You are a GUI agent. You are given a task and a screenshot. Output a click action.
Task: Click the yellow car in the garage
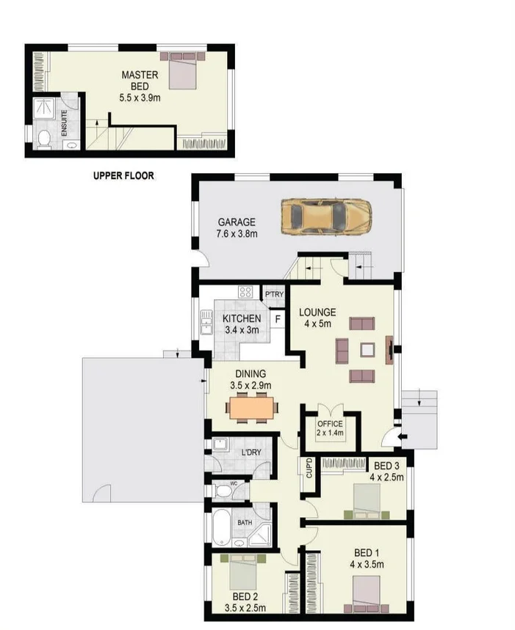point(325,216)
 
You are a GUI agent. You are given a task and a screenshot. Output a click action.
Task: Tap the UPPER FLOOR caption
point(123,176)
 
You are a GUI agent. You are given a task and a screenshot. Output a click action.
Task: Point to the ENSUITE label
point(65,120)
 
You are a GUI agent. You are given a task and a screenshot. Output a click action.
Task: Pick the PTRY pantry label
point(274,295)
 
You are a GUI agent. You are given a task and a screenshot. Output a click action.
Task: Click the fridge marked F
point(278,319)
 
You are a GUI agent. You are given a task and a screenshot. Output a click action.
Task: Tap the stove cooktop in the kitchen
point(245,292)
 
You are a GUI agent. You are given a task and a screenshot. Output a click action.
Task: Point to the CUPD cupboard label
point(309,467)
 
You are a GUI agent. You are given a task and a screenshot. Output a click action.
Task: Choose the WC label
point(234,484)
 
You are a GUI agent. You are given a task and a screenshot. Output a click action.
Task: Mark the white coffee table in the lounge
point(367,350)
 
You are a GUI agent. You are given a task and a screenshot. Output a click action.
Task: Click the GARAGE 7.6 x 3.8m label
point(236,228)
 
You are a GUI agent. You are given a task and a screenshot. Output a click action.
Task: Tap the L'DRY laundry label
point(251,453)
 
